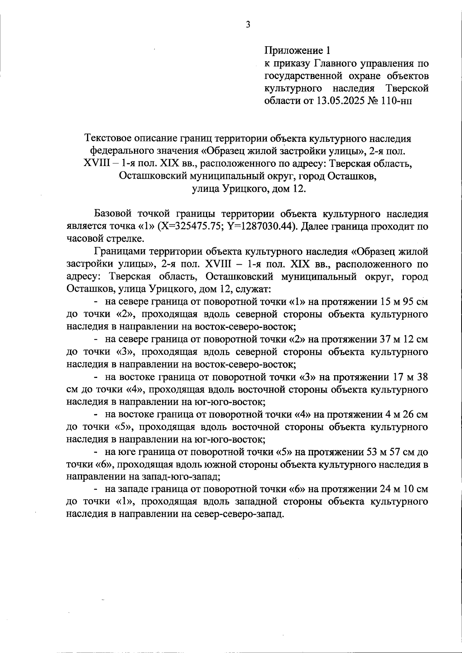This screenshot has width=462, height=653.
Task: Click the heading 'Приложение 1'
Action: tap(297, 50)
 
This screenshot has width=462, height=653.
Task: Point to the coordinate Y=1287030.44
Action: tap(261, 226)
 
